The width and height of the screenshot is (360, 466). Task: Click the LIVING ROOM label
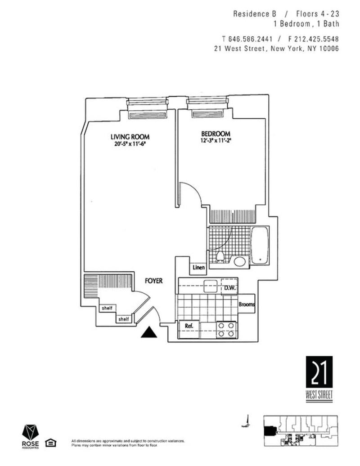130,137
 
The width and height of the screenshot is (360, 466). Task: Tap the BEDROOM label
216,134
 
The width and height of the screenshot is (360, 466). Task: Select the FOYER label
153,281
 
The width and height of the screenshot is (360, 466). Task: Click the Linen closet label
198,268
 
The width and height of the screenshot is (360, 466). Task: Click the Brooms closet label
247,305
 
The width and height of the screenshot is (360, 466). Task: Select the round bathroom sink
239,262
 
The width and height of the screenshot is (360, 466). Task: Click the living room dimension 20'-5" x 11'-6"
130,145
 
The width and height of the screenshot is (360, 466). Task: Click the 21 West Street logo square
319,372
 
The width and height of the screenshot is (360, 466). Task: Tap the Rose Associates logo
31,436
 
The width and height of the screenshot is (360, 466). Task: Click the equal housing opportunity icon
52,444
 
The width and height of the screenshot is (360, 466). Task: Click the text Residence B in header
251,14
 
